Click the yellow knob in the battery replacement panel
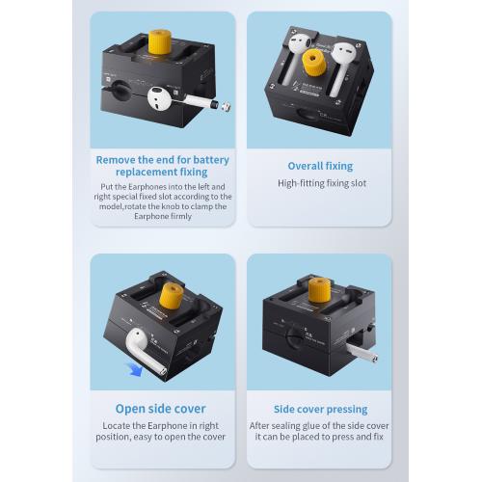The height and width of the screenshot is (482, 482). point(160,41)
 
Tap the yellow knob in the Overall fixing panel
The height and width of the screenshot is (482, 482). point(314,63)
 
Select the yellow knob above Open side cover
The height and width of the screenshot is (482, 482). point(172,296)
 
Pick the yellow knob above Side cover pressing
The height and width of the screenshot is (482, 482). point(319,290)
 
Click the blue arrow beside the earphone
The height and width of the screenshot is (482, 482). point(135,369)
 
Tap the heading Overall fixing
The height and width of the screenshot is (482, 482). point(320,166)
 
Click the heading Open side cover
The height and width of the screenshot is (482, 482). point(161,409)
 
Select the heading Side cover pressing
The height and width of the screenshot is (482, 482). point(321,409)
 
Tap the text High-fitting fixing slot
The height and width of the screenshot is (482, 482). point(322,183)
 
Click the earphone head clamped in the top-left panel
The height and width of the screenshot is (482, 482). point(159,98)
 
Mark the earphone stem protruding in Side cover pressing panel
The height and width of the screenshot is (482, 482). point(361,352)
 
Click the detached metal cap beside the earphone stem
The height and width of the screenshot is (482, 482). point(227,106)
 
